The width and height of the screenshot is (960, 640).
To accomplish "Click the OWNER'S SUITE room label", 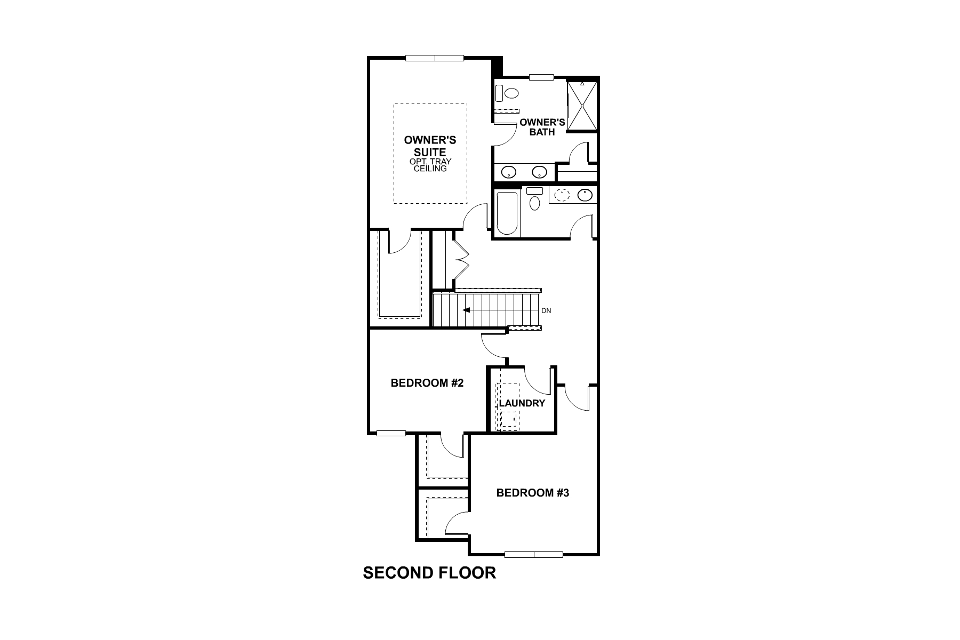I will point(430,146).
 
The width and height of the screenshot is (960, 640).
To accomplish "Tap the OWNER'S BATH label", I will point(542,127).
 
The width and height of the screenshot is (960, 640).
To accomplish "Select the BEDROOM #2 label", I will point(427,383).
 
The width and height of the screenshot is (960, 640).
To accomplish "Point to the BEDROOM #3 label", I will point(532,493).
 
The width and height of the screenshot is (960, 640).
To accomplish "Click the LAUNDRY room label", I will point(522,403).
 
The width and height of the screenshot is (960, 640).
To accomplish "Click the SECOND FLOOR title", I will point(429,573).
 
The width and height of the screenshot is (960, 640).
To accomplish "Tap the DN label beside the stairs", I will point(546,310).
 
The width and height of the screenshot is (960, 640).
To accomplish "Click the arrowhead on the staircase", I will point(466,310).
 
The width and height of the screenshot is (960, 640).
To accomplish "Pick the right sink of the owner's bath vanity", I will point(540,172).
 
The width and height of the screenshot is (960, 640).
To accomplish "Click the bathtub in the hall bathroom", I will point(507,213).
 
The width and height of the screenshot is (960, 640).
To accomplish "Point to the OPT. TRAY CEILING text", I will point(430,165).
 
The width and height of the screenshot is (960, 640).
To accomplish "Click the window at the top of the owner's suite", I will point(435,58).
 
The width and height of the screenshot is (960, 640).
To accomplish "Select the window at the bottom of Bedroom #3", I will point(533,555).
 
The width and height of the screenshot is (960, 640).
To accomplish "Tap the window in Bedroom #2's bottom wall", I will point(391,433).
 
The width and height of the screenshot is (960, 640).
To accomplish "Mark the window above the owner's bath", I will point(541,77).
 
